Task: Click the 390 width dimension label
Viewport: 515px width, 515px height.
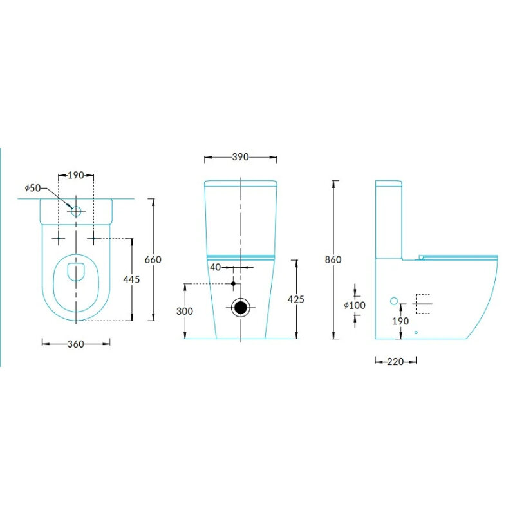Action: point(240,157)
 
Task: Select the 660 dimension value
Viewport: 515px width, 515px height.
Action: point(153,259)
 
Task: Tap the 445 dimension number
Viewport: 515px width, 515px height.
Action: point(131,279)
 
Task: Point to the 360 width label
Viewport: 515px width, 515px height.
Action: point(76,344)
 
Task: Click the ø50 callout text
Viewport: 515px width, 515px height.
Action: point(33,188)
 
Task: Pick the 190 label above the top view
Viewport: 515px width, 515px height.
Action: point(76,175)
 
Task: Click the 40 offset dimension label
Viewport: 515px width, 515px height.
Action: point(215,267)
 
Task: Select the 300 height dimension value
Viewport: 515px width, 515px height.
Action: point(185,311)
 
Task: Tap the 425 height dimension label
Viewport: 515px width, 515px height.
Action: point(296,299)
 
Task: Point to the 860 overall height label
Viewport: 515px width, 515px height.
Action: point(333,259)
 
